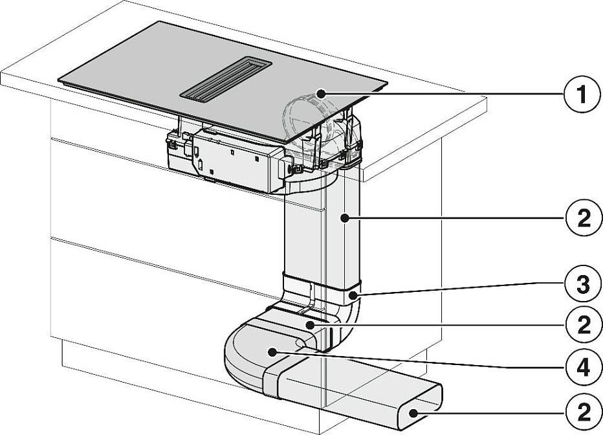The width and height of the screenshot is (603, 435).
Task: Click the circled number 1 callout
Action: click(x=582, y=95)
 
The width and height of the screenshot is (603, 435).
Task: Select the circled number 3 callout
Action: click(x=583, y=285)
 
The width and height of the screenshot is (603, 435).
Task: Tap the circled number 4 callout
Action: click(x=583, y=368)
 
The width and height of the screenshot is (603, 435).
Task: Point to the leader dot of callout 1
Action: click(x=320, y=93)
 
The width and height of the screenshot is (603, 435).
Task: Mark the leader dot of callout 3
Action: click(x=353, y=296)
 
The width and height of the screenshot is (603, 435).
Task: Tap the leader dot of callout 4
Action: click(x=272, y=351)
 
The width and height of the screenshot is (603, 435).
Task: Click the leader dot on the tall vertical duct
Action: click(x=345, y=218)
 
